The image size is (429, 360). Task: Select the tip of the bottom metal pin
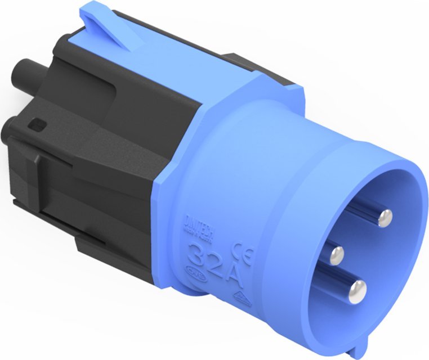tap(356, 290)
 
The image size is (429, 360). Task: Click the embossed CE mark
tap(247, 251)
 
